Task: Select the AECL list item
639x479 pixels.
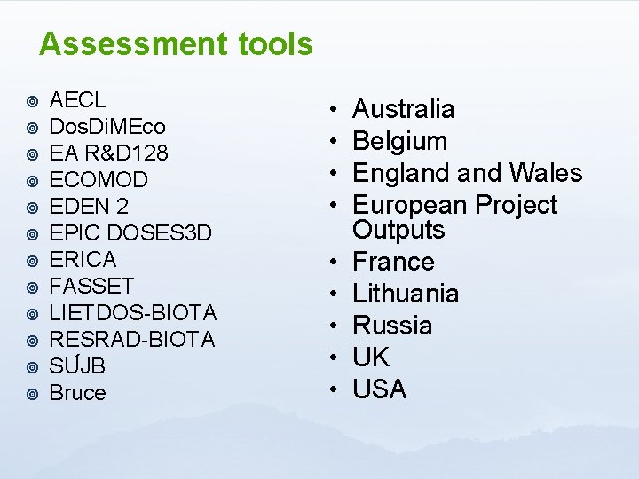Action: (77, 100)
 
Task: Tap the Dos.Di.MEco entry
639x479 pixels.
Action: (106, 127)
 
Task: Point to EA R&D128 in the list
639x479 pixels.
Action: (108, 153)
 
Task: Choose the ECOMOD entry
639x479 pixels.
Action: (99, 180)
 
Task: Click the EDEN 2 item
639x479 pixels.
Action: (89, 207)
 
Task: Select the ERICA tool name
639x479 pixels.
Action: (83, 260)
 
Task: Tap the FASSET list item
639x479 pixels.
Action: (91, 287)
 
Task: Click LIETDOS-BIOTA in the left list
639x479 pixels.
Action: (133, 313)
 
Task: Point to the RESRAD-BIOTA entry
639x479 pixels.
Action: (132, 340)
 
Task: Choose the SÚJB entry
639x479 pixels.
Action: (77, 365)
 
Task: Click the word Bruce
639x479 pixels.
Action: (77, 393)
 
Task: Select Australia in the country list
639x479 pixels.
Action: (404, 110)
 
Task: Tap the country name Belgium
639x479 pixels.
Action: (399, 142)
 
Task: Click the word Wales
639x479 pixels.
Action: (546, 174)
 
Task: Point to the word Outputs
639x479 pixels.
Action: (398, 231)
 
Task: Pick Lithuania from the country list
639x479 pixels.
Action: (406, 294)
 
